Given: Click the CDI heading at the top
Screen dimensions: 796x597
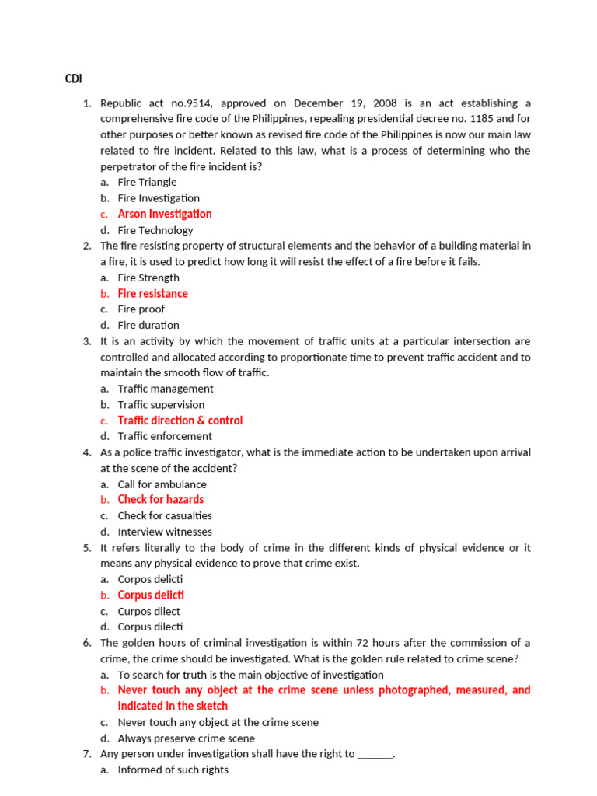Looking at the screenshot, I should coord(74,79).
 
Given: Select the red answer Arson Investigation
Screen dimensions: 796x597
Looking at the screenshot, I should coord(164,214).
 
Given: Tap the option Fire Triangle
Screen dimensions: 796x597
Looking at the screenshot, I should coord(147,182).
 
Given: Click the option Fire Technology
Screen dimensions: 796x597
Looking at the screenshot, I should coord(155,230).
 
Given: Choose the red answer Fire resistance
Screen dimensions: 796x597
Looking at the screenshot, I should coord(152,293).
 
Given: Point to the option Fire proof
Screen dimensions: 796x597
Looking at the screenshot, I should coord(141,309).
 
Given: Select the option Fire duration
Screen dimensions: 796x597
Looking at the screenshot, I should coord(148,325).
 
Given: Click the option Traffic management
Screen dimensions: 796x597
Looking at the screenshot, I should coord(165,389).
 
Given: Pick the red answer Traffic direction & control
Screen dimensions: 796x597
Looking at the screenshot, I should coord(180,421).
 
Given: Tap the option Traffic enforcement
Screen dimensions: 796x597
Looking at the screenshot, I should coord(164,436).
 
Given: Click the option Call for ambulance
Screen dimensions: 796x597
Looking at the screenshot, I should coord(162,484).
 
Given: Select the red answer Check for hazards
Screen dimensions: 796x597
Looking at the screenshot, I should coord(160,500).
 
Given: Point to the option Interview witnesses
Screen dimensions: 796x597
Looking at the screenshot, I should coord(164,532).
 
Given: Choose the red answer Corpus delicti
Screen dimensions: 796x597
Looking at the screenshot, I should coord(151,595).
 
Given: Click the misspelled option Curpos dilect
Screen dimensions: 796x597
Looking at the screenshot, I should coord(148,611).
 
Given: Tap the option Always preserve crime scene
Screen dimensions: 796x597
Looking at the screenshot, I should coord(186,738).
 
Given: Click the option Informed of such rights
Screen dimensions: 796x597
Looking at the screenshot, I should coord(173,770).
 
